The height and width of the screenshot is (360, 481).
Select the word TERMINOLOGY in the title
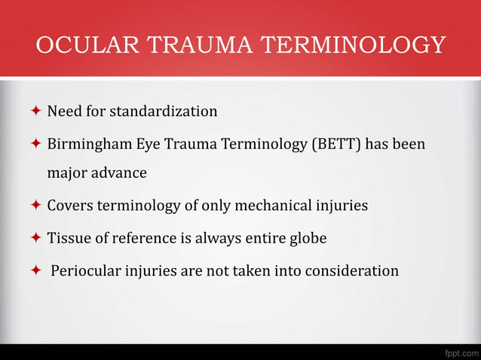click(354, 45)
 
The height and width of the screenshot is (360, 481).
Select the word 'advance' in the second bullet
click(121, 173)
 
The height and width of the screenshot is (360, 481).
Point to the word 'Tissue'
click(69, 237)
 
